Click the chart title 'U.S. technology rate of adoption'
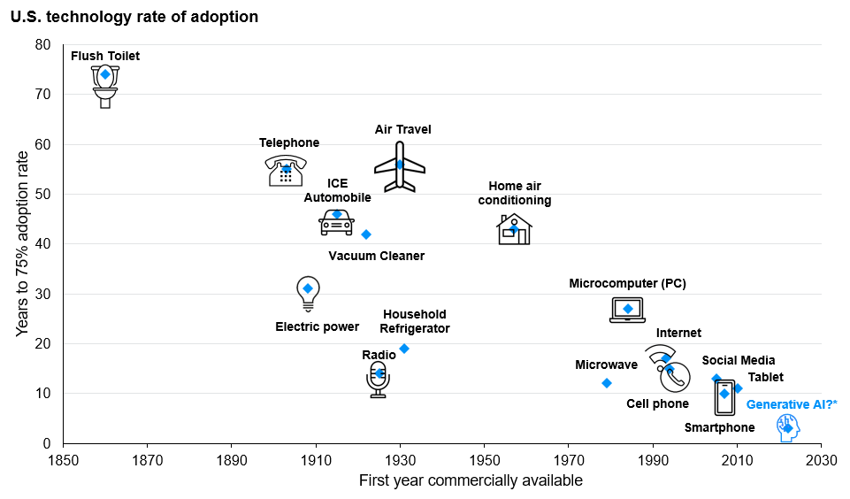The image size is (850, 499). (x=134, y=17)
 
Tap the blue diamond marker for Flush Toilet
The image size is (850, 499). (x=105, y=74)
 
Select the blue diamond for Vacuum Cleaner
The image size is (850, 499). (x=366, y=234)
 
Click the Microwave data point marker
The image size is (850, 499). (x=607, y=383)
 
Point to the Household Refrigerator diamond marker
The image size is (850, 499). (x=404, y=349)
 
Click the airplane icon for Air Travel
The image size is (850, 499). (x=400, y=166)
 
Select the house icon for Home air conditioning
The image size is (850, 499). (x=514, y=229)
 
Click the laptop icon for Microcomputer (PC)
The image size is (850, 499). (x=628, y=310)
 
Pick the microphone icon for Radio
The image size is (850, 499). (x=379, y=380)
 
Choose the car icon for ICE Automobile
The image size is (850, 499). (x=336, y=221)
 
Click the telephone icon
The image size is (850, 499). (x=285, y=171)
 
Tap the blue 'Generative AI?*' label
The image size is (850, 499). (x=792, y=404)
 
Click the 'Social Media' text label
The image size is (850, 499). (x=739, y=360)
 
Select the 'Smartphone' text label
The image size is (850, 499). (x=720, y=427)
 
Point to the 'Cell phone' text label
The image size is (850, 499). (x=657, y=403)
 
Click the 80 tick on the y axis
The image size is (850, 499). (x=43, y=44)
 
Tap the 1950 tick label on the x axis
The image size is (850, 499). (x=484, y=459)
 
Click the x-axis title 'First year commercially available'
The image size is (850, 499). (x=471, y=480)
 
